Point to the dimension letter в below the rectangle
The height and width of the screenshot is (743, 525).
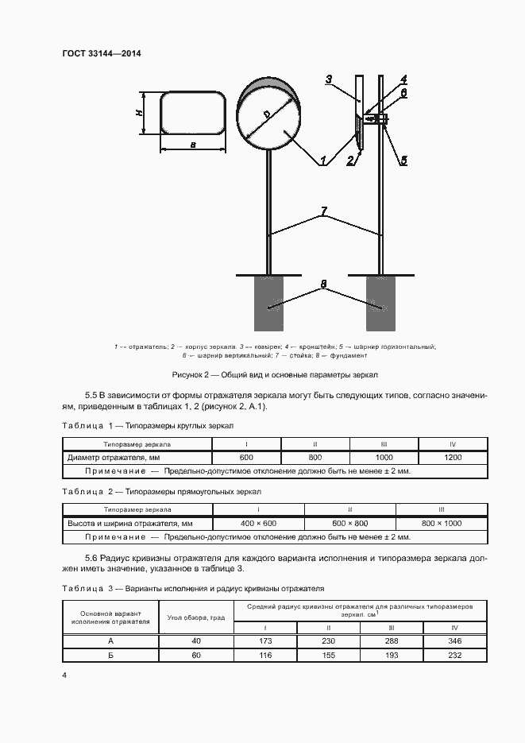click(x=194, y=145)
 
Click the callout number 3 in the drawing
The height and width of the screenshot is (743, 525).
click(x=329, y=79)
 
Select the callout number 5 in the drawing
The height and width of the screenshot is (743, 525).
click(x=403, y=161)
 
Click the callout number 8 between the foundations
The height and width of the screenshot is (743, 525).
click(x=323, y=283)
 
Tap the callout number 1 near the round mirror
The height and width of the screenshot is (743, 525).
click(x=323, y=160)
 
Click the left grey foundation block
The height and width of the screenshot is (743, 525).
click(x=270, y=304)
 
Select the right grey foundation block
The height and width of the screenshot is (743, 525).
click(x=382, y=304)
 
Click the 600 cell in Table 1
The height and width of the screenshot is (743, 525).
click(x=246, y=458)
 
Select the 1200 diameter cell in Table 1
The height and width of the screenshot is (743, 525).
click(x=453, y=458)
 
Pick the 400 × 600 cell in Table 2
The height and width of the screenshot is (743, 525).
click(x=259, y=524)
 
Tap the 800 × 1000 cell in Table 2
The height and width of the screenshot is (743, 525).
click(x=442, y=524)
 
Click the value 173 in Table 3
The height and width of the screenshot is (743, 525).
click(x=265, y=640)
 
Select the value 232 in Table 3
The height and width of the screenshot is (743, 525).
click(x=454, y=655)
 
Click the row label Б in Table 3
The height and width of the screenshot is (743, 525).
click(x=110, y=655)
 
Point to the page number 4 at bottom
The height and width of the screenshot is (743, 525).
click(x=64, y=675)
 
